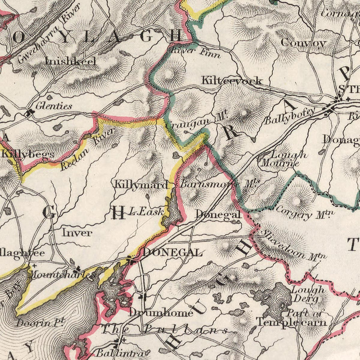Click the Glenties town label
click(x=54, y=106)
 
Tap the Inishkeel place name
click(x=70, y=61)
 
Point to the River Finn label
click(x=196, y=52)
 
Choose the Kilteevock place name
click(x=232, y=81)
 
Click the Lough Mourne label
click(x=283, y=159)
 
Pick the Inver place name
click(x=77, y=232)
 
